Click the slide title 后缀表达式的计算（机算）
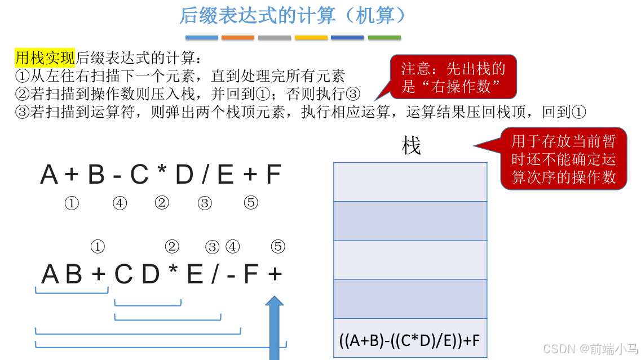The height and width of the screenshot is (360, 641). click(x=293, y=16)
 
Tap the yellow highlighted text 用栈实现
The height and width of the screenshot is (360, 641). click(x=45, y=57)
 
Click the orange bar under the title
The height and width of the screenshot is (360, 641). click(x=237, y=38)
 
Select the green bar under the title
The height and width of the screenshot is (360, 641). click(x=384, y=38)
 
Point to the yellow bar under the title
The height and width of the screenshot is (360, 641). click(x=311, y=38)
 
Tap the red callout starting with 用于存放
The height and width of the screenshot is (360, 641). click(x=563, y=159)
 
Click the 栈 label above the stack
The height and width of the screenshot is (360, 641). click(x=411, y=146)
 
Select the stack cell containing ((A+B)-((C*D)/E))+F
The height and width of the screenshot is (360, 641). click(x=410, y=340)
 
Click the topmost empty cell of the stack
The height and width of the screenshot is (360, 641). click(x=410, y=182)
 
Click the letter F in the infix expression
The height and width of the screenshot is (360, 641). click(x=273, y=175)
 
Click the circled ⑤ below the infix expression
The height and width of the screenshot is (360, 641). click(x=251, y=203)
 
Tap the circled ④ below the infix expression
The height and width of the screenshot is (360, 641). click(x=120, y=203)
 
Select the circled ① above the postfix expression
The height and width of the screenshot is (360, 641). click(x=98, y=246)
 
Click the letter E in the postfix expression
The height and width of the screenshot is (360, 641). click(x=194, y=274)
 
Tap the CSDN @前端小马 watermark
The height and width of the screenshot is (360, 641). click(x=590, y=349)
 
